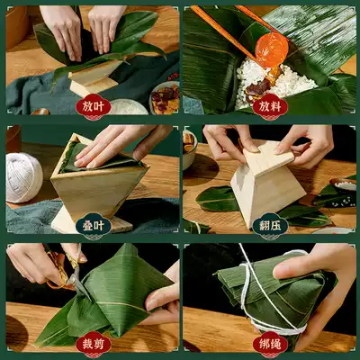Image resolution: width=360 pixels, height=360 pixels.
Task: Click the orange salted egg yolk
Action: coord(272,50)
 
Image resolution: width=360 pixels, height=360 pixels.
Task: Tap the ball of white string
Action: coord(23,177)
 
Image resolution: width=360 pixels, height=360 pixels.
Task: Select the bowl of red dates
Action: coord(165,97)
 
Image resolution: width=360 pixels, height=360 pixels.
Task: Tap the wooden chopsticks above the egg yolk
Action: coord(237,29)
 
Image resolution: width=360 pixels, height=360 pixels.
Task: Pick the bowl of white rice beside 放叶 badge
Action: coord(128,107)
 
